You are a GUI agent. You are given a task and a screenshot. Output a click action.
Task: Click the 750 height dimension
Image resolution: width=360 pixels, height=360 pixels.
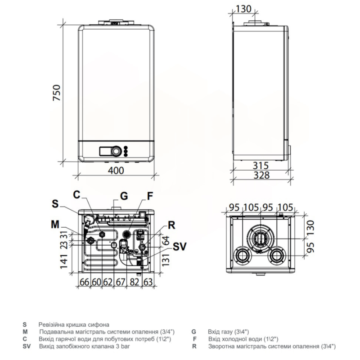pos(57,93)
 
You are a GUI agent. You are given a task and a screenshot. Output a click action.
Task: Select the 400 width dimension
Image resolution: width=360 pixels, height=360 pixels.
pos(116,171)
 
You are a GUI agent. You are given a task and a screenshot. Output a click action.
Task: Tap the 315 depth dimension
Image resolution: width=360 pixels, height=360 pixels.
pos(261,166)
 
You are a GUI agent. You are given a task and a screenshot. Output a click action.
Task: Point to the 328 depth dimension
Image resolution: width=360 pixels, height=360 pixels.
pos(261,175)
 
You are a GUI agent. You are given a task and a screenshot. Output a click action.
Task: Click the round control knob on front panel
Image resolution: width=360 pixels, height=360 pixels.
pos(116,151)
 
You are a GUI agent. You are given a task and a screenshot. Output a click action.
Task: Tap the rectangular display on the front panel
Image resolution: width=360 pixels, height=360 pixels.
pos(105,151)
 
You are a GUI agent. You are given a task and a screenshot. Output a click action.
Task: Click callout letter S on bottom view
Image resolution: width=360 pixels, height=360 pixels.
pos(55,203)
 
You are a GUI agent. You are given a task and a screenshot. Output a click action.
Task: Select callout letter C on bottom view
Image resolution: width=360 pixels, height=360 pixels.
pos(76,195)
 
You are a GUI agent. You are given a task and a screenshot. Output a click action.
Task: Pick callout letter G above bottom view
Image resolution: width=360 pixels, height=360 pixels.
pos(124,196)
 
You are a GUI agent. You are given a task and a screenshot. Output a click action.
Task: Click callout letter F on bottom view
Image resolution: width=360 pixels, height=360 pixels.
pos(150,196)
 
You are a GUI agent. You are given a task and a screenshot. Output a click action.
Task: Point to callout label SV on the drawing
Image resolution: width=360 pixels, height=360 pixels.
pos(180,247)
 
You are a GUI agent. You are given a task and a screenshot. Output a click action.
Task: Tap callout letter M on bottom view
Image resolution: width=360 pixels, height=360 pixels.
pos(55,224)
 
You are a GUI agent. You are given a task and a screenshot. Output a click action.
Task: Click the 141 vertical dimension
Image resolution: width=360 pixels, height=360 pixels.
pos(64,261)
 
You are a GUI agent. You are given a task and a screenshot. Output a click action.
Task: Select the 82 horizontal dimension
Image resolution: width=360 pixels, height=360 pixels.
pos(135,282)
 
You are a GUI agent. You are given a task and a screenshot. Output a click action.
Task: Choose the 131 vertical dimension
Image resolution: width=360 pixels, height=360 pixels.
pos(166,260)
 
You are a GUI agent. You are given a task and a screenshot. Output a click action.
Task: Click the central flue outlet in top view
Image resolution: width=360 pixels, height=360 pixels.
pos(261,238)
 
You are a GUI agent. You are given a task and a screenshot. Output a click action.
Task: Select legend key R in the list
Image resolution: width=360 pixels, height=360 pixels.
pos(194,346)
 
